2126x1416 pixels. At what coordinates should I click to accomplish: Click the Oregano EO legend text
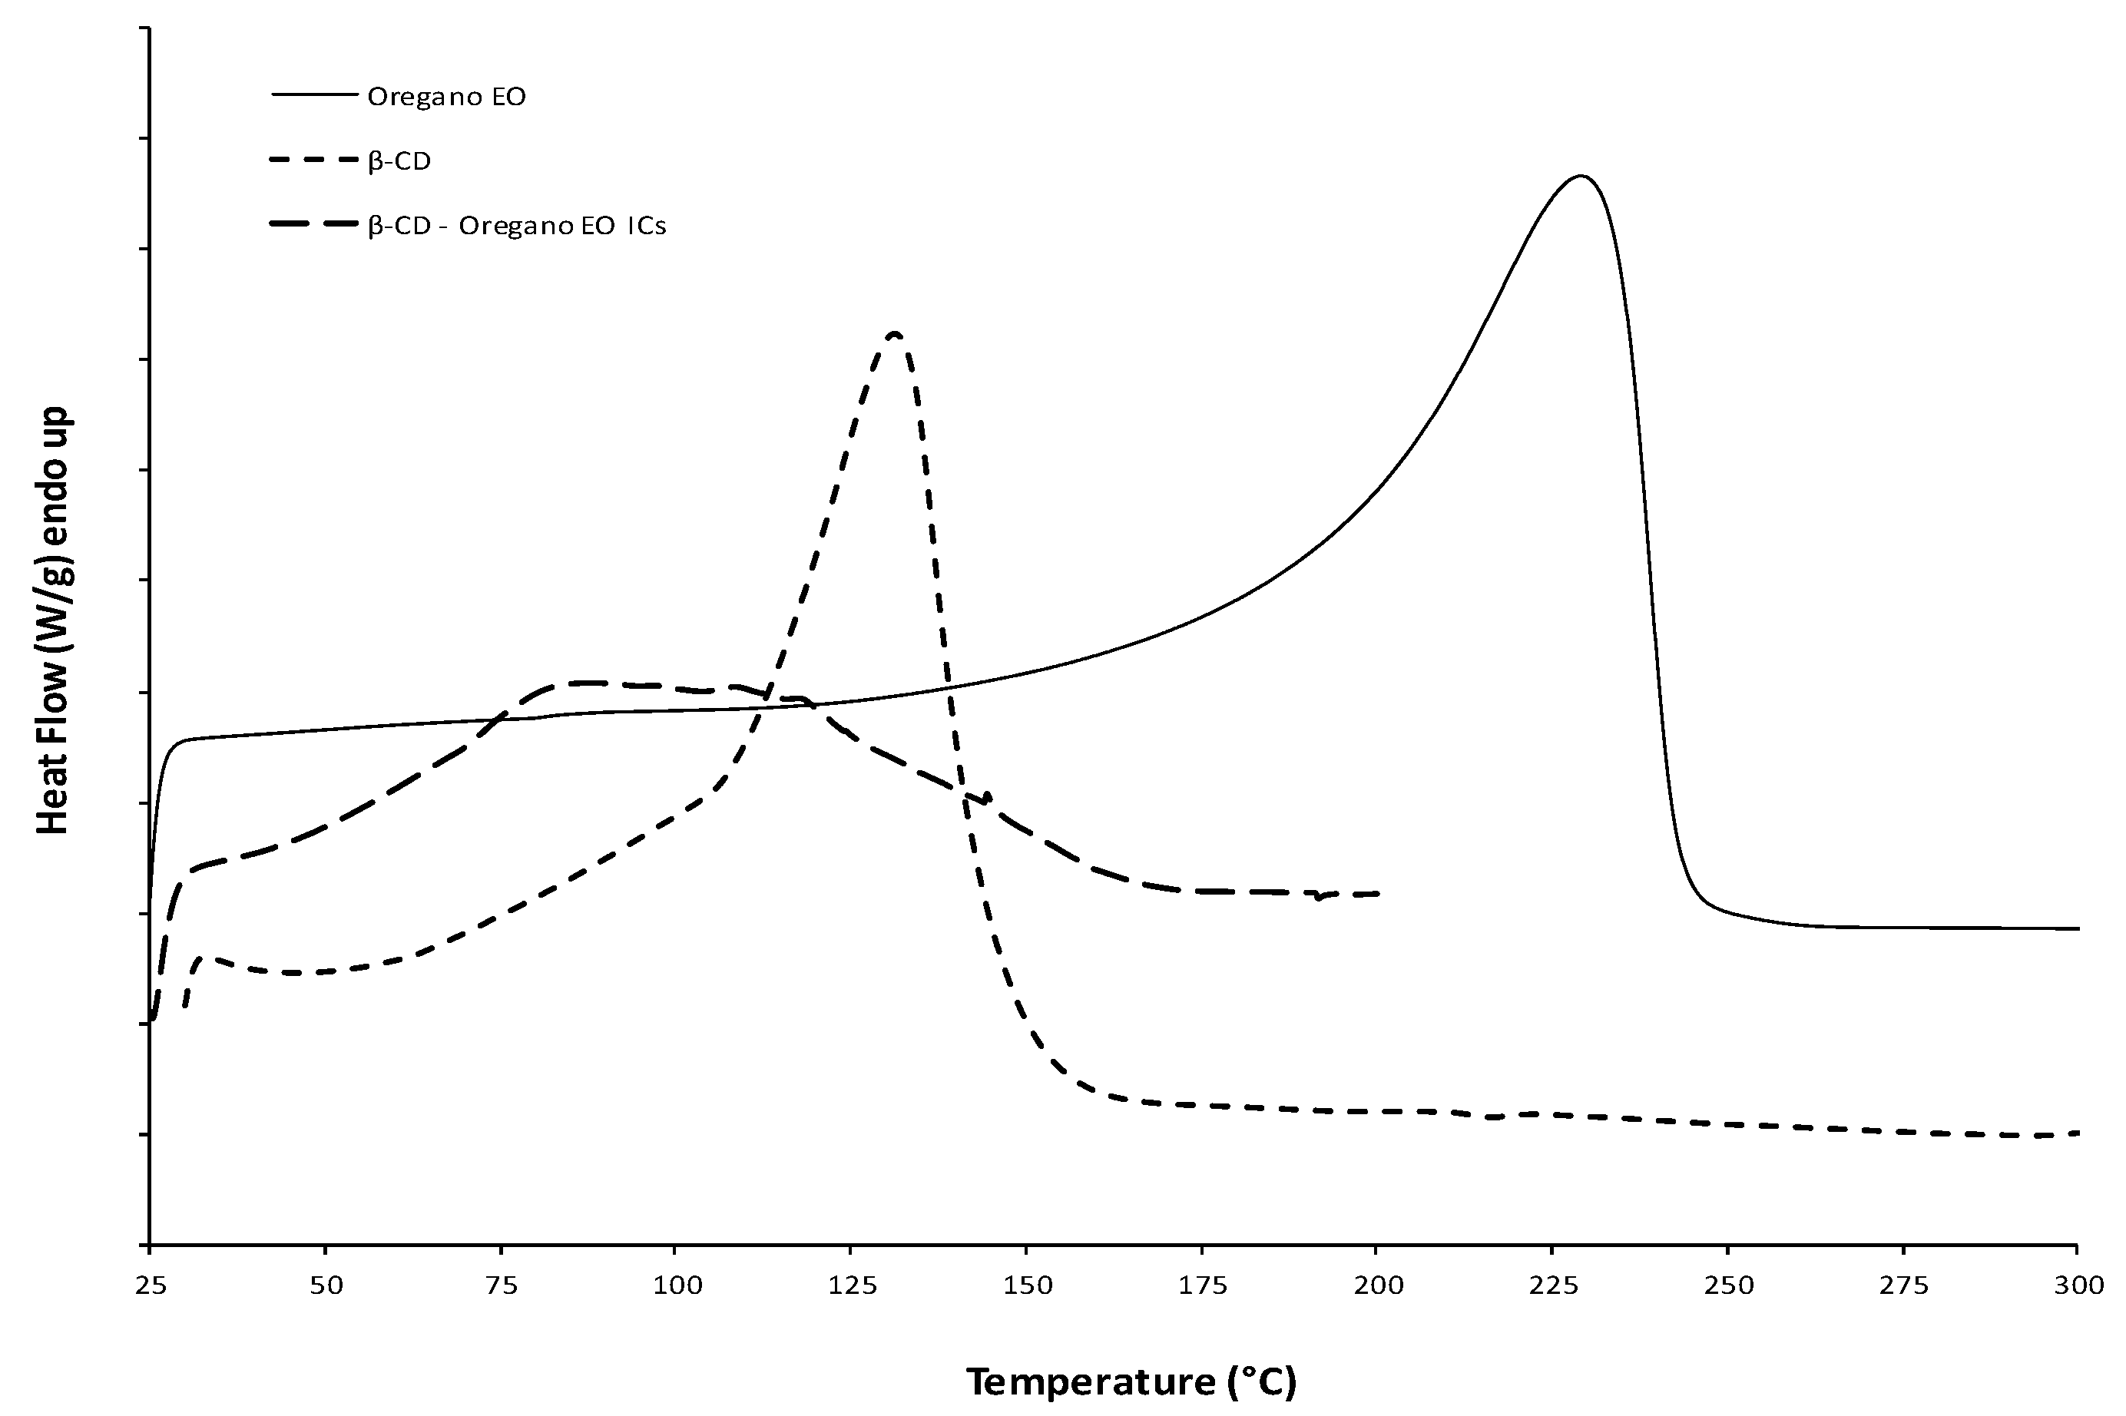click(x=446, y=98)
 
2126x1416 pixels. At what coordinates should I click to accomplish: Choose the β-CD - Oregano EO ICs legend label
click(x=517, y=226)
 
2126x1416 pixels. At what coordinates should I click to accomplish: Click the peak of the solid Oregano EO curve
click(x=1580, y=176)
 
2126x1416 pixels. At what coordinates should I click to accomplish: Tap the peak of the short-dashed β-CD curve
click(x=895, y=334)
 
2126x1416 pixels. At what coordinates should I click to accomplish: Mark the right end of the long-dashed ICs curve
click(x=1379, y=893)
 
